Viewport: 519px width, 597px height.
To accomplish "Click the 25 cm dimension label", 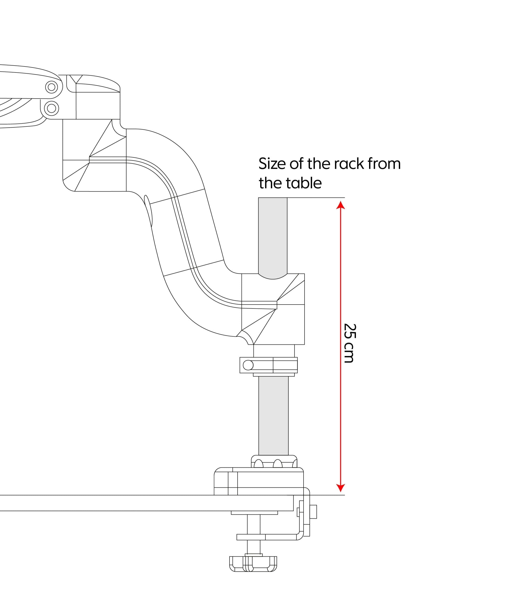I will pyautogui.click(x=349, y=343).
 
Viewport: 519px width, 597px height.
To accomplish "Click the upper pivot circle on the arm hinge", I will pyautogui.click(x=51, y=87).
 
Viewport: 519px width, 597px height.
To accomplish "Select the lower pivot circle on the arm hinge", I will pyautogui.click(x=51, y=108).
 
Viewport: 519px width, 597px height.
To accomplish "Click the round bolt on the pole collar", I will pyautogui.click(x=248, y=365).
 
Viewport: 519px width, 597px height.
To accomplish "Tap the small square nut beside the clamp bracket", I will pyautogui.click(x=313, y=512).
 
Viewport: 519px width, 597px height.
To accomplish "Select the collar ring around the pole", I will pyautogui.click(x=268, y=365).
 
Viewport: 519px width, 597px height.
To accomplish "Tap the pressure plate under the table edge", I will pyautogui.click(x=254, y=513).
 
